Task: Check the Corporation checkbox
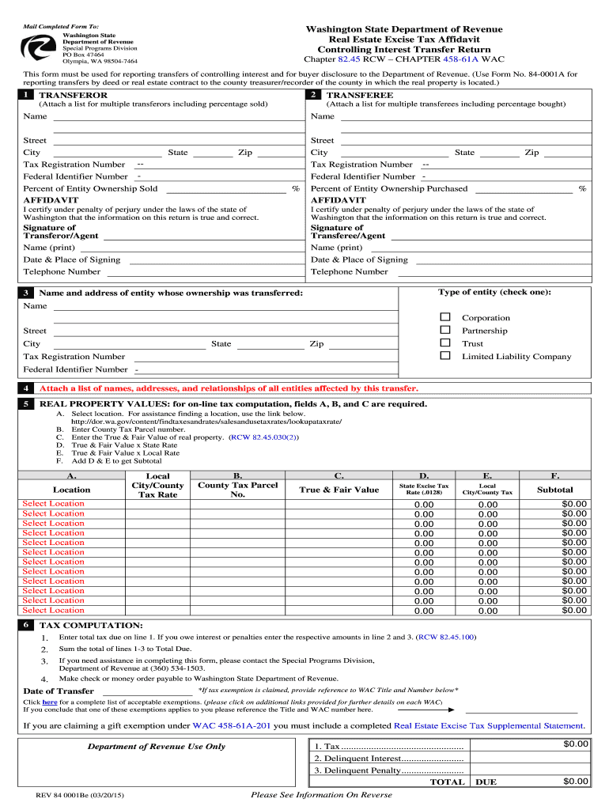[x=444, y=317]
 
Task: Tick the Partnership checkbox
[x=444, y=330]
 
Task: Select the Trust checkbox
[x=444, y=343]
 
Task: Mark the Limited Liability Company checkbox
[x=444, y=355]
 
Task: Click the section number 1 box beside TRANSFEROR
[x=28, y=95]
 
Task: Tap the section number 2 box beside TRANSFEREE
[x=314, y=95]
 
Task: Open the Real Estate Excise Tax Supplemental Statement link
[x=489, y=725]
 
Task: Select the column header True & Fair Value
[x=339, y=490]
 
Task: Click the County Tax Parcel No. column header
[x=237, y=490]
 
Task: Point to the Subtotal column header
[x=554, y=490]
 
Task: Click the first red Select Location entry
[x=53, y=504]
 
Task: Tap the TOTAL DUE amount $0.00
[x=576, y=782]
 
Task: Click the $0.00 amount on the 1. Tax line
[x=576, y=744]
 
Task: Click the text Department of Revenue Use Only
[x=156, y=746]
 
